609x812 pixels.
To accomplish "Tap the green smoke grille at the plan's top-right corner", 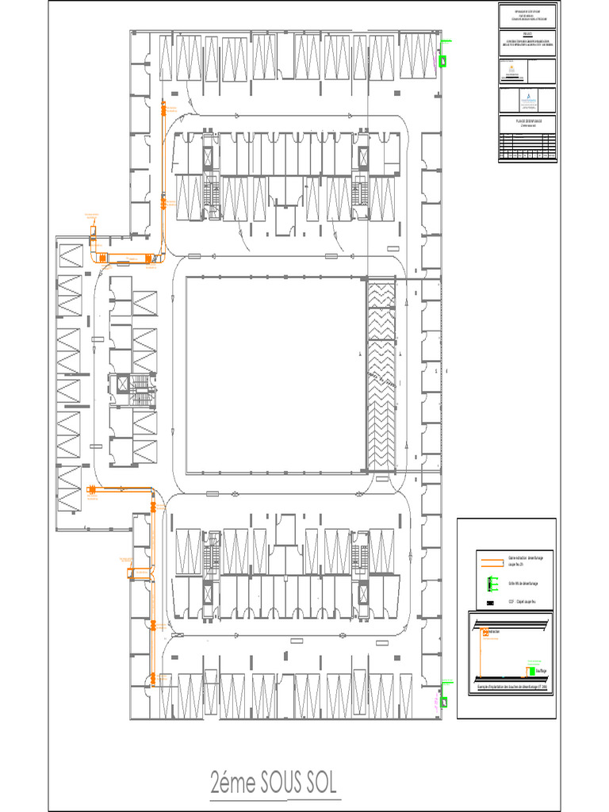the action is click(444, 59).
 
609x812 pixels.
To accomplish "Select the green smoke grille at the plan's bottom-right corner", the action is click(444, 701).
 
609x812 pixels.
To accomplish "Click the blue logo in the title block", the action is click(528, 99).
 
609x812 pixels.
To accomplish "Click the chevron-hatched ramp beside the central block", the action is click(381, 373).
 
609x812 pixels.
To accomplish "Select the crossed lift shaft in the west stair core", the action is click(123, 385).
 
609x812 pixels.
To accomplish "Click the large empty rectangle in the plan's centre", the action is click(275, 373).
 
